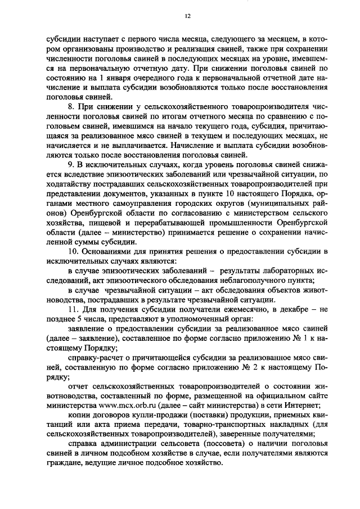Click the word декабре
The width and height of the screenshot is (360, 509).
287,309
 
